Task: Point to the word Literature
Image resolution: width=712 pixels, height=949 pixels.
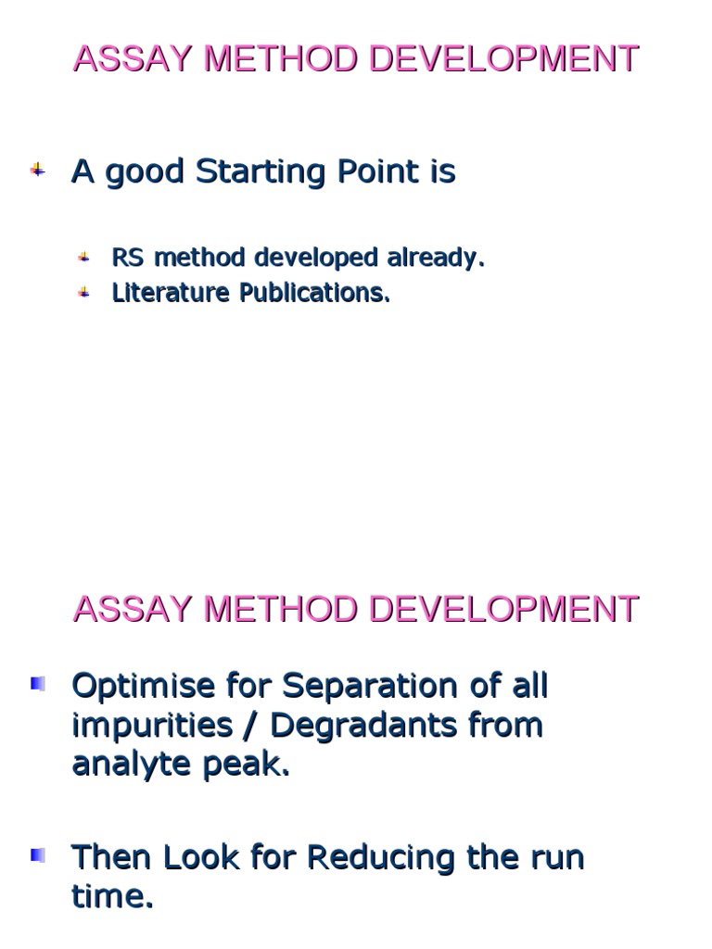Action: [x=171, y=293]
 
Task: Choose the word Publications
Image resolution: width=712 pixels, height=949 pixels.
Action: [x=315, y=293]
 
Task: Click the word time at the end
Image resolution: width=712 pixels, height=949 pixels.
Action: [x=111, y=895]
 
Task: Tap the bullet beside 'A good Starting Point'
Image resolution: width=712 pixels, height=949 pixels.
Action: [x=38, y=171]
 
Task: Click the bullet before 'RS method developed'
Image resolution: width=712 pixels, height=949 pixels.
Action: [x=83, y=257]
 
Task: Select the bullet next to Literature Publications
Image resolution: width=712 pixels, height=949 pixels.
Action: [x=83, y=292]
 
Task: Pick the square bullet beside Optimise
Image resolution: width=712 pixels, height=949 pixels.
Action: [x=38, y=685]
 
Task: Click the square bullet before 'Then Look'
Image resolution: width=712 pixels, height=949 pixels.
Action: [x=38, y=854]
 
